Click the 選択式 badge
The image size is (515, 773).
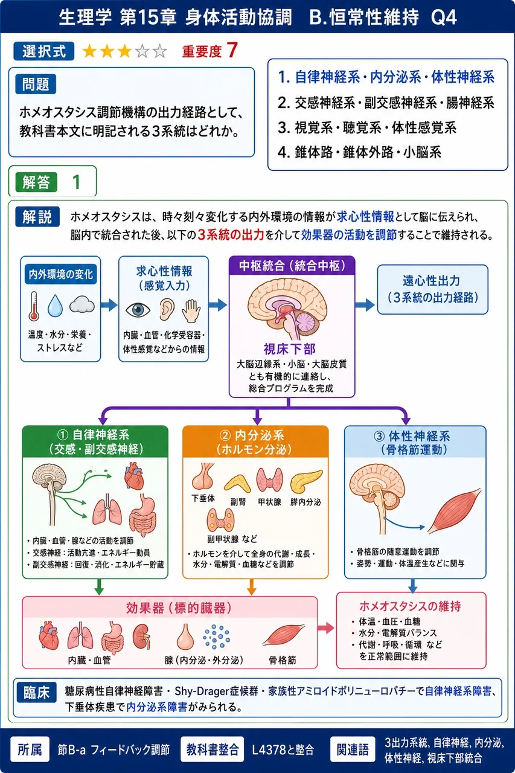[44, 52]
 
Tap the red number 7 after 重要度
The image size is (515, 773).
[232, 50]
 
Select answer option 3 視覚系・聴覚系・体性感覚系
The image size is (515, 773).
[367, 127]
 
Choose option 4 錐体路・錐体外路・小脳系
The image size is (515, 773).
[359, 152]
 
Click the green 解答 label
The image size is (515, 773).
[36, 182]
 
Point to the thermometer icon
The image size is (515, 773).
[34, 306]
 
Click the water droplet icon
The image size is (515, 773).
[55, 306]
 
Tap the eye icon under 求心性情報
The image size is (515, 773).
[138, 309]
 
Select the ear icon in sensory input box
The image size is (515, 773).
[167, 309]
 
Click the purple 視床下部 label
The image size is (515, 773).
[289, 349]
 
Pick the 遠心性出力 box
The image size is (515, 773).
[432, 289]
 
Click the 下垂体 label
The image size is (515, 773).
[203, 498]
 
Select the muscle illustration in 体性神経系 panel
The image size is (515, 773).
[455, 510]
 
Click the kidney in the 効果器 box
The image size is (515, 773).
[142, 637]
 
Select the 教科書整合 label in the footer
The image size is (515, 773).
[213, 749]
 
